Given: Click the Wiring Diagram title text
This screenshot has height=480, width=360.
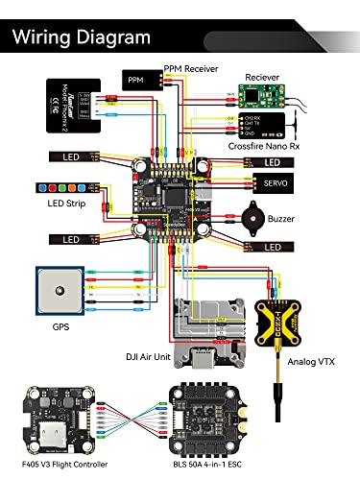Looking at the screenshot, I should click(x=82, y=37).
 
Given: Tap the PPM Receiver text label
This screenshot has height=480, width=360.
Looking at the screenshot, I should click(x=192, y=68).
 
